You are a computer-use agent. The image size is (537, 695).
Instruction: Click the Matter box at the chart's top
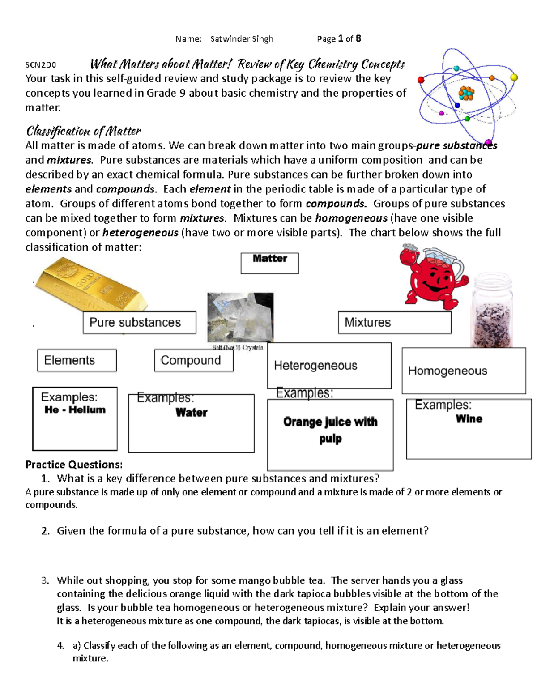(x=269, y=263)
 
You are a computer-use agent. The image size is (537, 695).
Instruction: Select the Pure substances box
(x=139, y=322)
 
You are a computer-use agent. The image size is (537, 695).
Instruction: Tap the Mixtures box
(x=394, y=322)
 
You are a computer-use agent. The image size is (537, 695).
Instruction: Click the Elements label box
(x=77, y=360)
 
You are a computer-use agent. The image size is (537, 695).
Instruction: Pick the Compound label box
(x=193, y=360)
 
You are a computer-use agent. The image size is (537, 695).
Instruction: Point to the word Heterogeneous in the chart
(x=315, y=366)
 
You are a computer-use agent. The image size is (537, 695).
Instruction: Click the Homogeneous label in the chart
(x=447, y=371)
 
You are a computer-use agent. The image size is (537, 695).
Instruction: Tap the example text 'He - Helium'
(x=75, y=409)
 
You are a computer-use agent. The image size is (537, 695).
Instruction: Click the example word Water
(x=192, y=413)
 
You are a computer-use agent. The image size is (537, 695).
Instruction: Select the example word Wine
(x=469, y=419)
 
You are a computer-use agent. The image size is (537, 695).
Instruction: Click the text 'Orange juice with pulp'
(x=330, y=430)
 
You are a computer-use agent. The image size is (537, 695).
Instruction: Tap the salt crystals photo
(x=240, y=318)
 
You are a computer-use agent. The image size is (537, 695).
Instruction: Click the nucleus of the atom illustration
(x=466, y=93)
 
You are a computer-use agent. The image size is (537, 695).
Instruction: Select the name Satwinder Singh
(x=242, y=39)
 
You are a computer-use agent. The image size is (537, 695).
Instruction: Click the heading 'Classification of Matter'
(x=84, y=131)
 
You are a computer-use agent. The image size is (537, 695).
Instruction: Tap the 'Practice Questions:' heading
(x=74, y=465)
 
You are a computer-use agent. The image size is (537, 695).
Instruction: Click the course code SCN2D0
(x=41, y=65)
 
